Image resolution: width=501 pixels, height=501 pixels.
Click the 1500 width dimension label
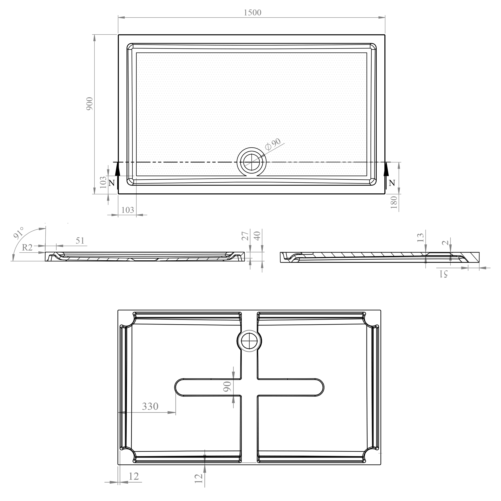coord(252,13)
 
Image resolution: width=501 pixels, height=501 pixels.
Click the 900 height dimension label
coord(90,104)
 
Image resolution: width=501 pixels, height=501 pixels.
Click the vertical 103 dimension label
coord(103,182)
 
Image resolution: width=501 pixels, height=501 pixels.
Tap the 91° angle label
coord(19,233)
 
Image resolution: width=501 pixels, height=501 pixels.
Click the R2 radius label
coord(27,248)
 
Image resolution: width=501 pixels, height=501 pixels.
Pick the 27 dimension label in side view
coord(245,236)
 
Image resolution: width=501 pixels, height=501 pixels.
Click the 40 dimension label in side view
coord(257,236)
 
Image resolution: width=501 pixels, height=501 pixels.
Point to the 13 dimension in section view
coord(420,237)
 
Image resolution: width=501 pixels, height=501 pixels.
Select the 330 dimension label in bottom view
coord(150,406)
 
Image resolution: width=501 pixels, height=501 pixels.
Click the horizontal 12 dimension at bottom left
coord(134,476)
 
